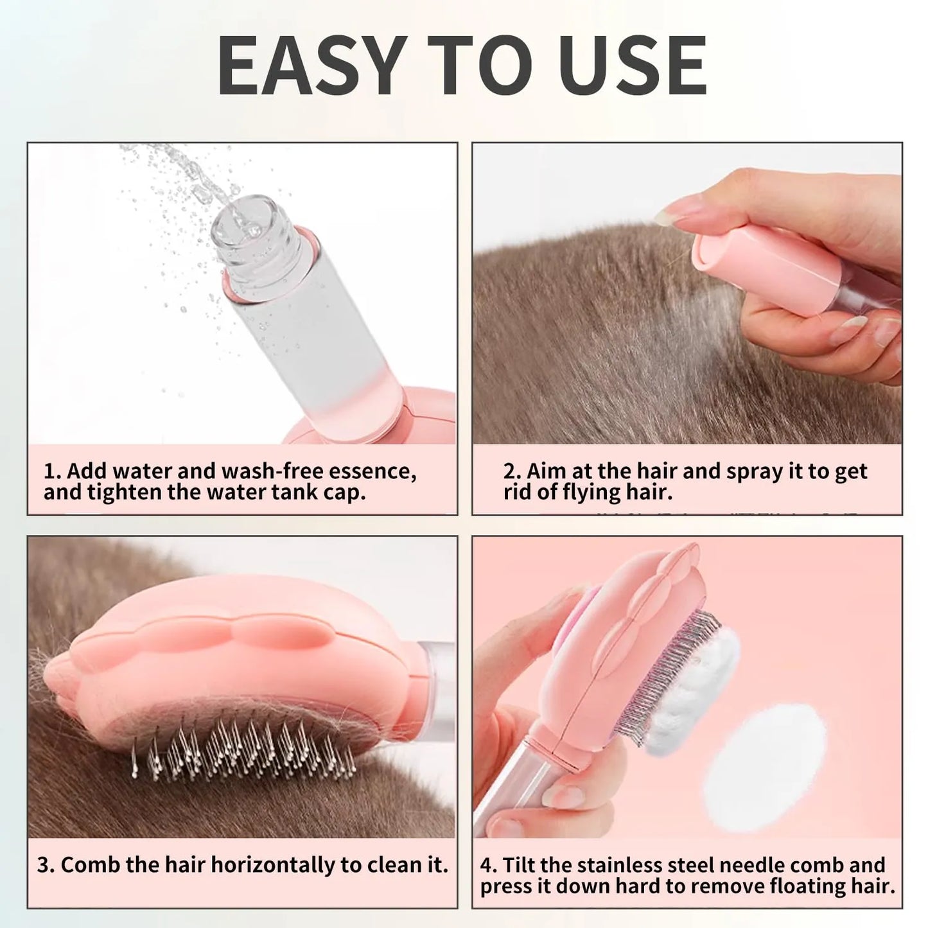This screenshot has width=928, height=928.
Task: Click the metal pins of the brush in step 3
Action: [244, 745]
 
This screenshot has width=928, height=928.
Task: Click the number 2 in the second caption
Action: [511, 471]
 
